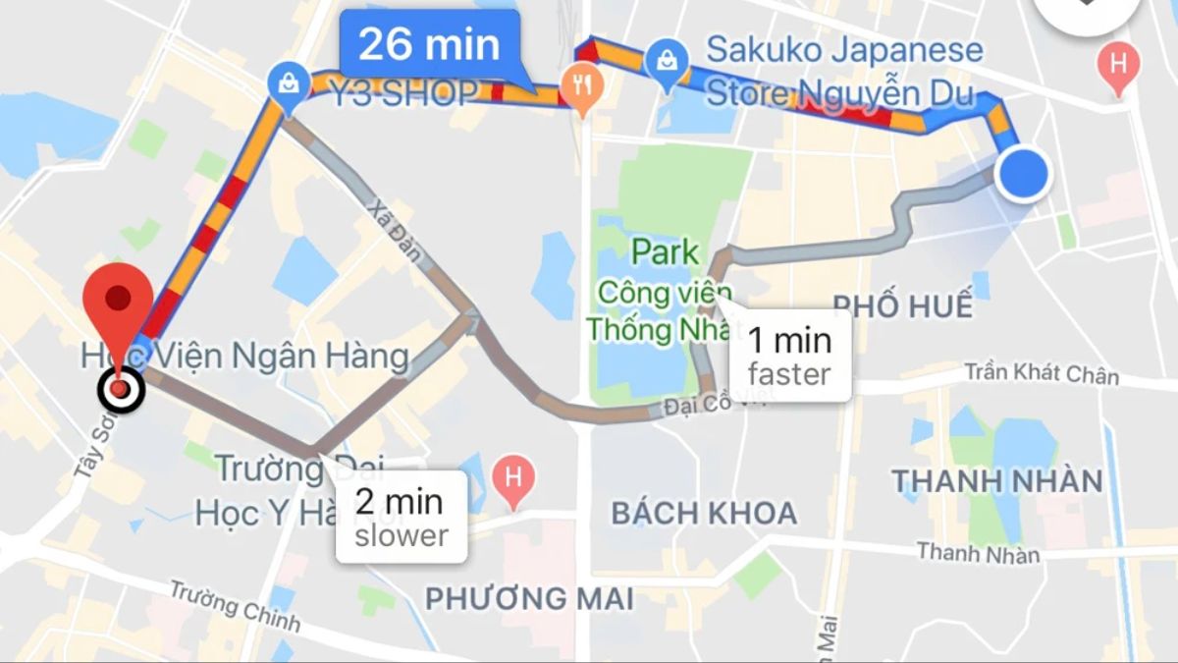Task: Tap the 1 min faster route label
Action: (789, 356)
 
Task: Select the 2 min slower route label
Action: (401, 518)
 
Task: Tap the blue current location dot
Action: (1023, 174)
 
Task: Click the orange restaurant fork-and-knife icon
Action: (584, 85)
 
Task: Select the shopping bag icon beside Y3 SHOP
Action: (289, 83)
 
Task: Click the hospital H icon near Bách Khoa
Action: (512, 479)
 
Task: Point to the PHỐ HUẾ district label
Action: (902, 305)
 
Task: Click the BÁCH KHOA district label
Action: (704, 512)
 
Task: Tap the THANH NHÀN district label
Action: (996, 481)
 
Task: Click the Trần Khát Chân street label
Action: (1041, 374)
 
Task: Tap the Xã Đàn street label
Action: (399, 232)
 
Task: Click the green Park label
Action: (665, 251)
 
